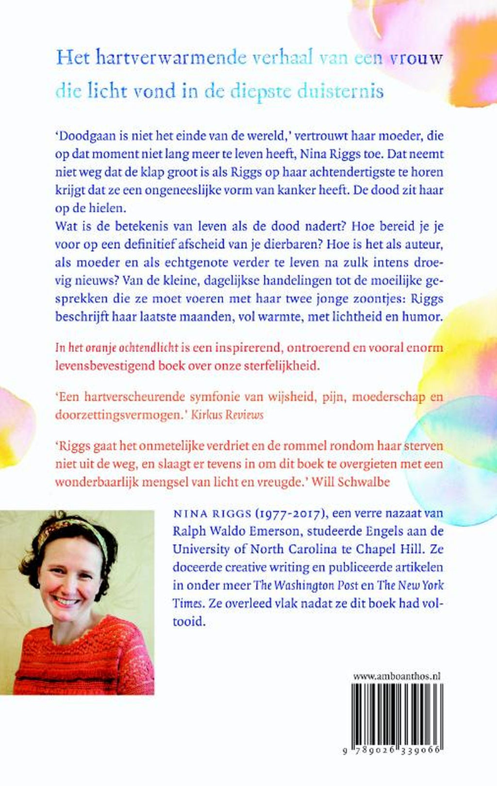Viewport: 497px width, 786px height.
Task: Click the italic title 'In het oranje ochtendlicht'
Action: click(x=117, y=348)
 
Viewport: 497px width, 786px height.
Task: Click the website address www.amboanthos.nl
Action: click(x=397, y=676)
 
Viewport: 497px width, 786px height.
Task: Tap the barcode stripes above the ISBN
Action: click(x=397, y=711)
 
